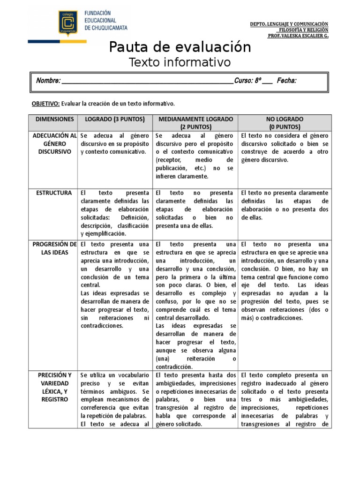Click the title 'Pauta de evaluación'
coord(180,47)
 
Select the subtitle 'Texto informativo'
coord(180,62)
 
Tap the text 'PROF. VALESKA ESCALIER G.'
coord(298,36)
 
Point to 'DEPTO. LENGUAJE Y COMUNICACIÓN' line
coord(289,24)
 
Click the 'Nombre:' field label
coord(48,81)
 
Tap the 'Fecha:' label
coord(286,81)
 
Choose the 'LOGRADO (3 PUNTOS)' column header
coord(115,120)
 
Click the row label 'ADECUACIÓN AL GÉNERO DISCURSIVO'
coord(54,143)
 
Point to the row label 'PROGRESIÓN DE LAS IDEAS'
coord(54,248)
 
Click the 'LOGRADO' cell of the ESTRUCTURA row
coord(115,213)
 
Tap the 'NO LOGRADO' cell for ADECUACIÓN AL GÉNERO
coord(285,148)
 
